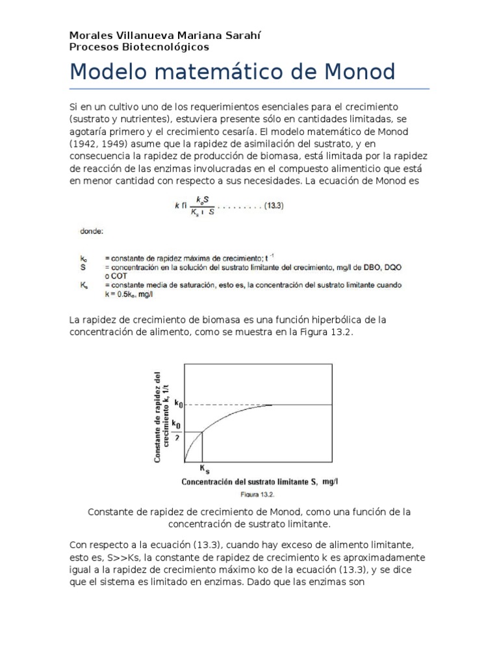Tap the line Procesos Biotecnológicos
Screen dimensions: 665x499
(x=139, y=47)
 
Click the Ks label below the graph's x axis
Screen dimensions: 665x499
(x=203, y=469)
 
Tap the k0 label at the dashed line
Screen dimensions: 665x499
(x=177, y=404)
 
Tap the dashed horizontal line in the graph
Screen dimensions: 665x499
(x=227, y=405)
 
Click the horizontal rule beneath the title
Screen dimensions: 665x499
(x=249, y=88)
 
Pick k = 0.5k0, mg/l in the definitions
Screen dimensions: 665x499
(x=129, y=294)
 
